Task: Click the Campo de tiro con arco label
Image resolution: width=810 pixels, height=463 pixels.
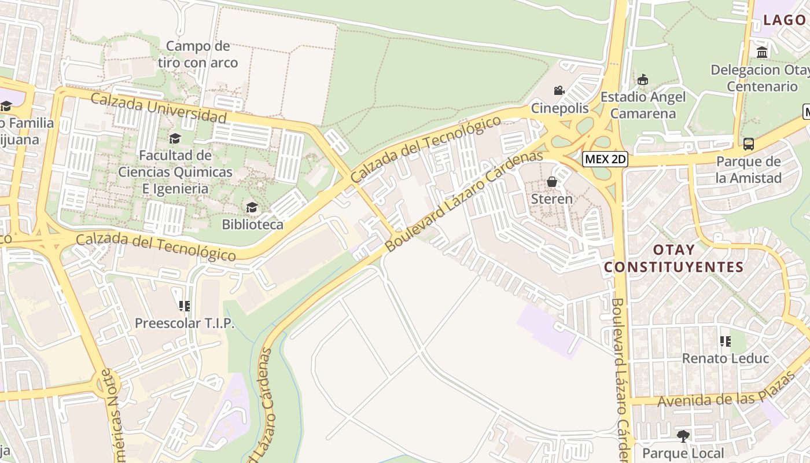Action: (x=198, y=54)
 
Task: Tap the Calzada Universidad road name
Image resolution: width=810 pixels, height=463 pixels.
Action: (x=158, y=108)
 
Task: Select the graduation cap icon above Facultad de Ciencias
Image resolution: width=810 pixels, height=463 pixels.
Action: (x=175, y=138)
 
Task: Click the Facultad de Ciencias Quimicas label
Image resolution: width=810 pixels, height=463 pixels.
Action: (x=175, y=172)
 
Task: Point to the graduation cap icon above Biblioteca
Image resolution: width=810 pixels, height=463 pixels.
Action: (x=252, y=208)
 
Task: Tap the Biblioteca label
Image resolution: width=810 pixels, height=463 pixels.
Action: (x=253, y=225)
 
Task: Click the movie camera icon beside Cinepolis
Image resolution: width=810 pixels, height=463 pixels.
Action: (x=559, y=91)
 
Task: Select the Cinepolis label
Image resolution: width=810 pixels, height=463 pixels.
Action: (x=560, y=108)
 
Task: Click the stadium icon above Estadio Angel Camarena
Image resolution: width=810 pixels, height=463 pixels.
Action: (x=642, y=80)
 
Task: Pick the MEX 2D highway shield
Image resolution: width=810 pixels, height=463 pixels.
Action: (x=605, y=159)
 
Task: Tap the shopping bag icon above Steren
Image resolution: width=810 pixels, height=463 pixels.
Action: (x=552, y=182)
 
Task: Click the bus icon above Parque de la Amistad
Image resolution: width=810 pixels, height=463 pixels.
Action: (x=748, y=144)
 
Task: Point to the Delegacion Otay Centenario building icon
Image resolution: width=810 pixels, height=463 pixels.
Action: (x=762, y=53)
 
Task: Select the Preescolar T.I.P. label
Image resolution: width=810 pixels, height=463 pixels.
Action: (x=185, y=323)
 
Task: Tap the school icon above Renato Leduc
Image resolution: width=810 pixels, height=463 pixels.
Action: (x=725, y=341)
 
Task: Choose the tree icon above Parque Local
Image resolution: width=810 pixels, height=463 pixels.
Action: (x=683, y=436)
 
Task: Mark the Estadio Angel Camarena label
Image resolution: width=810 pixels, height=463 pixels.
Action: (x=643, y=105)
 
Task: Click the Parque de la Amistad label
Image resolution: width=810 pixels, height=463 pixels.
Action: (x=748, y=170)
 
